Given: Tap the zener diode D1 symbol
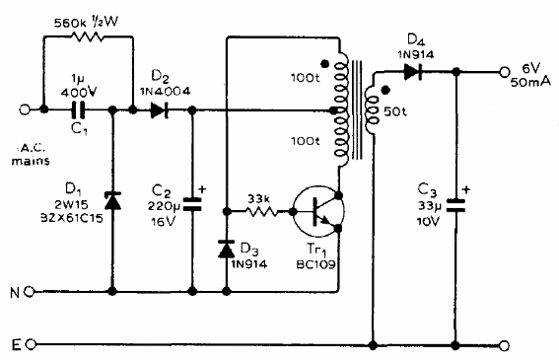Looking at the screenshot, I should tap(111, 201).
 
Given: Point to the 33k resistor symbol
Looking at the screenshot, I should tap(260, 211).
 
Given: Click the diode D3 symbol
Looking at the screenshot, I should tap(228, 247).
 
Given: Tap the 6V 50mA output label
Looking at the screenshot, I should tap(532, 75).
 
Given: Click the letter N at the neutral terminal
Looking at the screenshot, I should tap(13, 292).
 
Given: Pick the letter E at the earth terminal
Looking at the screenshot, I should tap(13, 345).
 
